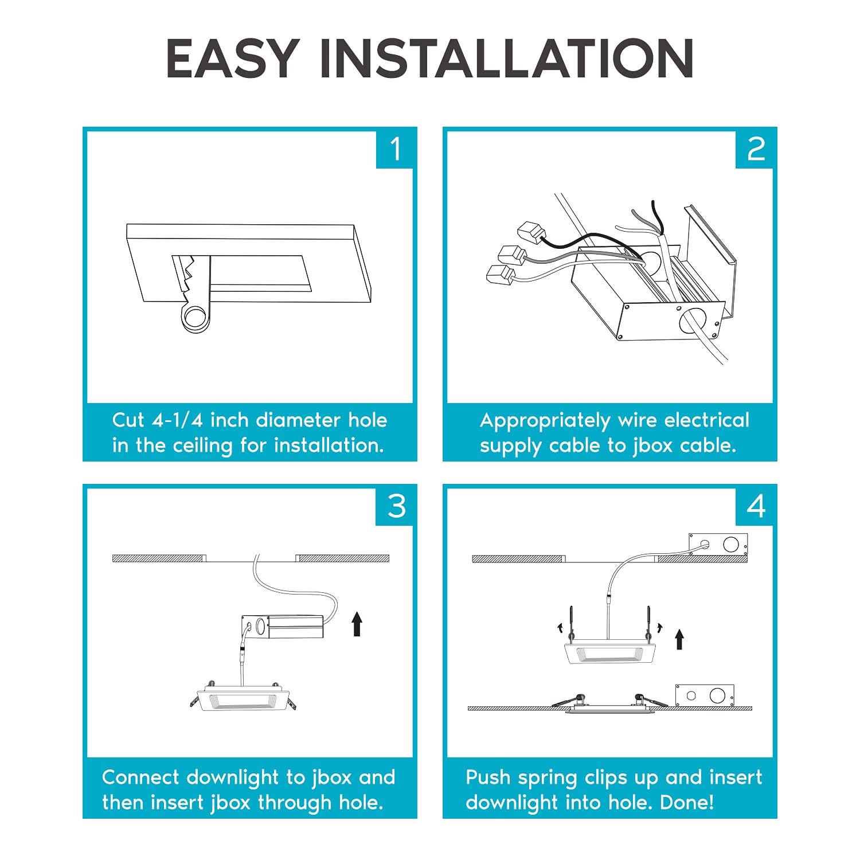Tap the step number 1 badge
[x=394, y=149]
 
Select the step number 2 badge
[x=755, y=149]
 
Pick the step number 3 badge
[x=394, y=506]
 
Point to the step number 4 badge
[x=755, y=506]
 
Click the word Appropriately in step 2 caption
[x=545, y=421]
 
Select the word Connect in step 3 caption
[x=140, y=777]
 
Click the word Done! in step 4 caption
[x=687, y=802]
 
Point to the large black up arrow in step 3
[x=357, y=624]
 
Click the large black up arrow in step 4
[x=679, y=639]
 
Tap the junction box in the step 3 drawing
[x=282, y=627]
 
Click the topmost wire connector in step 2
[x=531, y=232]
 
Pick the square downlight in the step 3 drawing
[x=244, y=698]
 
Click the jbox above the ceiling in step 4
[x=718, y=544]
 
